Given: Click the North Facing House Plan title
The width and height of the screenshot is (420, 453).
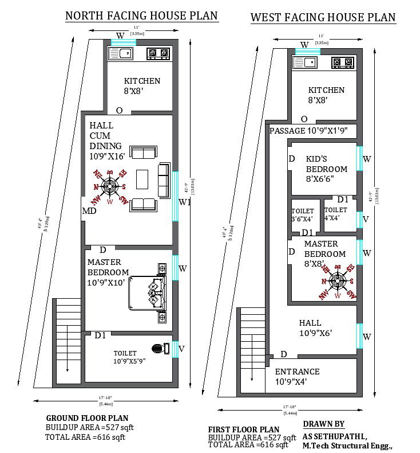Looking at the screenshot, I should pyautogui.click(x=141, y=15).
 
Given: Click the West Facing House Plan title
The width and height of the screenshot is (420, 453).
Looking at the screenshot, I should pyautogui.click(x=323, y=18).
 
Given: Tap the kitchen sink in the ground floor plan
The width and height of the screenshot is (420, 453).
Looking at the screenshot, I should pyautogui.click(x=120, y=54).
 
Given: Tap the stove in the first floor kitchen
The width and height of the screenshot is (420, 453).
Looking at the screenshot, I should pyautogui.click(x=343, y=63).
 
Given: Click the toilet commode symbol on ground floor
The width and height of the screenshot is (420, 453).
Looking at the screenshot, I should pyautogui.click(x=160, y=348).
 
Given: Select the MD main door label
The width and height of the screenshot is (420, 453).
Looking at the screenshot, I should pyautogui.click(x=89, y=211).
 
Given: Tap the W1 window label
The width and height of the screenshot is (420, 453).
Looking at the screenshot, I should pyautogui.click(x=184, y=202).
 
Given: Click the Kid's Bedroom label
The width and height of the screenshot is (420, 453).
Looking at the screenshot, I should pyautogui.click(x=326, y=169).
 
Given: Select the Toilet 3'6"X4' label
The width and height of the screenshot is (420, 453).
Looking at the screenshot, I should pyautogui.click(x=303, y=214).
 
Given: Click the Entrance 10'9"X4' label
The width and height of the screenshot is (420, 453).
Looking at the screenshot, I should pyautogui.click(x=297, y=376).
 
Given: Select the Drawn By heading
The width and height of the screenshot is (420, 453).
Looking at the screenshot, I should pyautogui.click(x=323, y=424).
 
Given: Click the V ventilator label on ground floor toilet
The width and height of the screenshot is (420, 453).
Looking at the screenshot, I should pyautogui.click(x=181, y=347).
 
